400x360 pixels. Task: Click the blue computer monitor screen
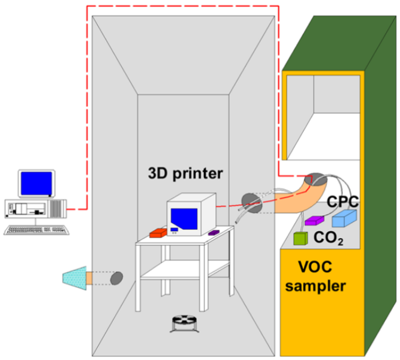(37, 184)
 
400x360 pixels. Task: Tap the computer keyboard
(34, 229)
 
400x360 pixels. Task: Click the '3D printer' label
(185, 174)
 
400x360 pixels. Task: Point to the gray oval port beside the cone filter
(116, 278)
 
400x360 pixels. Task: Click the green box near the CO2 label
(299, 238)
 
